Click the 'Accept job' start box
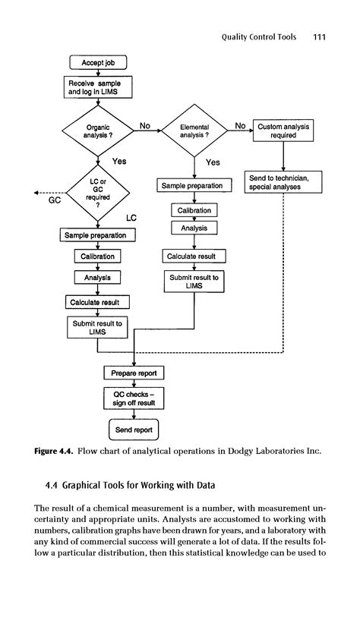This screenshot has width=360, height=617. tap(97, 62)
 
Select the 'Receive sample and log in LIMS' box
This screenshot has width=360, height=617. tap(97, 87)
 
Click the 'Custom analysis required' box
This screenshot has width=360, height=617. tap(283, 131)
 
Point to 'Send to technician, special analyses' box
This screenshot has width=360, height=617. tap(283, 181)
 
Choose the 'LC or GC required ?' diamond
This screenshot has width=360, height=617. tap(98, 194)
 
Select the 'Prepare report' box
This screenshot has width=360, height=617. tap(134, 373)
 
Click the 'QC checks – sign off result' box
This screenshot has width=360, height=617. tap(134, 398)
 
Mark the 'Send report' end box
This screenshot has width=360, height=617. tap(134, 430)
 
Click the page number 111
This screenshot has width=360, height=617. tap(319, 36)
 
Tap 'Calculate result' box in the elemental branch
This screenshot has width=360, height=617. tap(194, 257)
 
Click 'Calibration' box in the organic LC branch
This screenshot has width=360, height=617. tap(97, 257)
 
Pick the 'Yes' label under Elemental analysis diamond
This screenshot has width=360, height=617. tap(213, 162)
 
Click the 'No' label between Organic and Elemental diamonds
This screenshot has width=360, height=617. tap(144, 125)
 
